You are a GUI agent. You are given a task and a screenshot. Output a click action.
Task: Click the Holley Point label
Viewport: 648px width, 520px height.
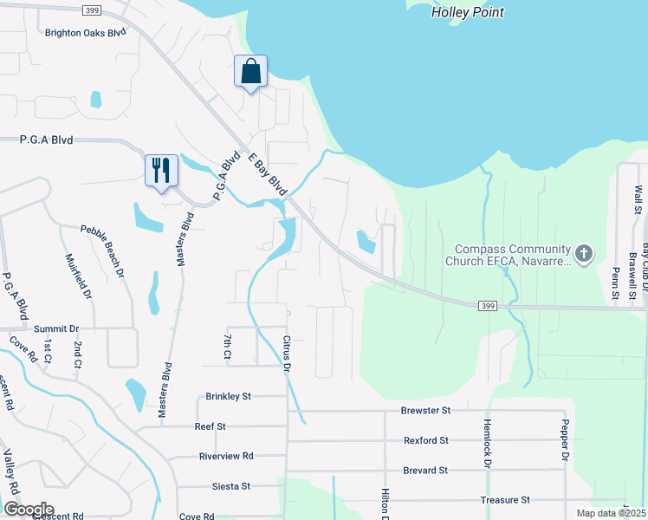pyautogui.click(x=468, y=12)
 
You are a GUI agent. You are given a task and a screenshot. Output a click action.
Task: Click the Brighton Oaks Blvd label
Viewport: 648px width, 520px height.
pyautogui.click(x=86, y=31)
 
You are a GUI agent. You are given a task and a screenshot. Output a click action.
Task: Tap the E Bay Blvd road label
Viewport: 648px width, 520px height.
pyautogui.click(x=267, y=174)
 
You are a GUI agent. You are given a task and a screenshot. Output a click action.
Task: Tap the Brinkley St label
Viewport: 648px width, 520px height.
pyautogui.click(x=229, y=396)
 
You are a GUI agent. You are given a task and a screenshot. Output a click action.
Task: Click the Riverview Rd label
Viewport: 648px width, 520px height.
pyautogui.click(x=226, y=456)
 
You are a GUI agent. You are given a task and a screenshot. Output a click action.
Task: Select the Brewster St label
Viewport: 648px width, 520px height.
pyautogui.click(x=426, y=410)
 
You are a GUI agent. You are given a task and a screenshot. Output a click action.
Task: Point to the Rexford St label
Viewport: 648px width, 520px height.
pyautogui.click(x=426, y=440)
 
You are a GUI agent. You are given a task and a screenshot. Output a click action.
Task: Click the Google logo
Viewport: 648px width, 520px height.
pyautogui.click(x=29, y=510)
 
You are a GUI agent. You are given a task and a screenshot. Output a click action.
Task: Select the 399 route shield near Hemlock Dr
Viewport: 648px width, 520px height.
pyautogui.click(x=487, y=305)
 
